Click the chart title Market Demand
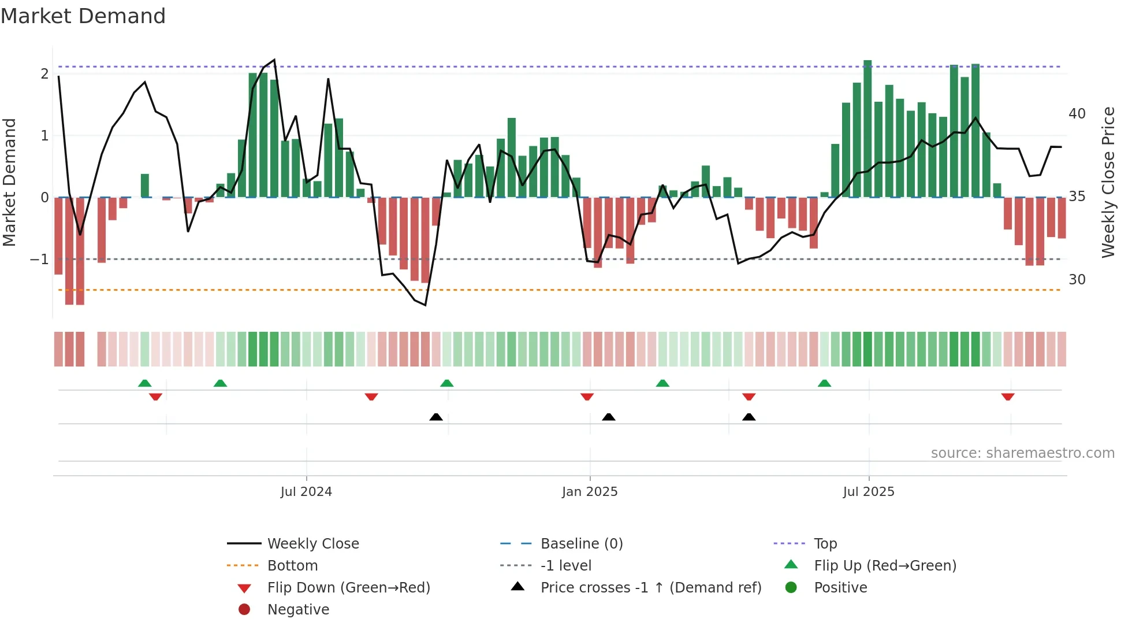83,16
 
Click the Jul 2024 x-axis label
306,492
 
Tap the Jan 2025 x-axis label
590,492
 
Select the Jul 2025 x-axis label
869,492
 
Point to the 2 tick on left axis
44,74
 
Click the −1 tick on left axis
40,260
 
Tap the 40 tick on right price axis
1077,114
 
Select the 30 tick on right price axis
1077,280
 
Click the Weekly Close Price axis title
1108,182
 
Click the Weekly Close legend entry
312,544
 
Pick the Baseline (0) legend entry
581,544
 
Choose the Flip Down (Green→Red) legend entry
348,588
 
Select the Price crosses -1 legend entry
650,588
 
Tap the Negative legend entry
298,610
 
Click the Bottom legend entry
292,566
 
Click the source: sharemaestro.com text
1022,453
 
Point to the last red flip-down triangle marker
1008,397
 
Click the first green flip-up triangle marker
145,383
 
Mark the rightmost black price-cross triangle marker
749,417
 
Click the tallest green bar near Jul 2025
867,128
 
